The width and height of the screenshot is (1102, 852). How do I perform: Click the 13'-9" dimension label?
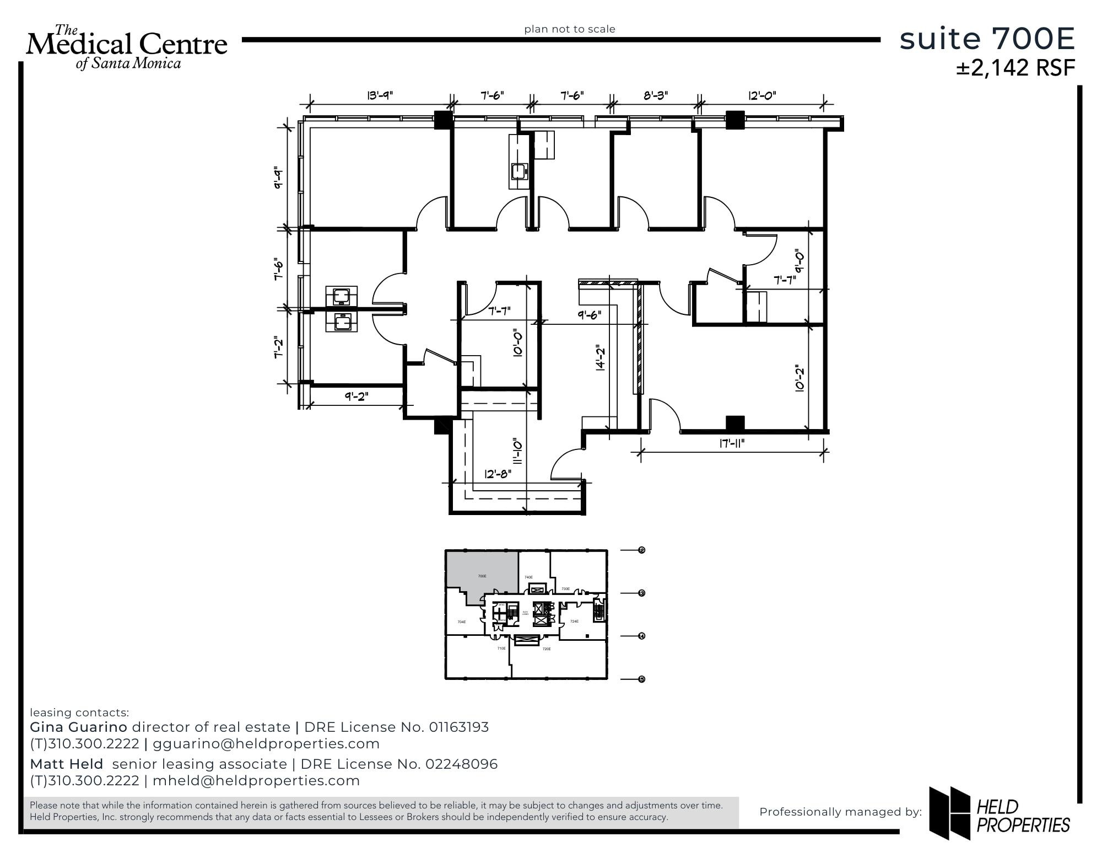(x=380, y=95)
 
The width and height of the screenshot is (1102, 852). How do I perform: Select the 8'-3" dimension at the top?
(x=655, y=95)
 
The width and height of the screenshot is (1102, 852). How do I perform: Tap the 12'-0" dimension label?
(x=761, y=95)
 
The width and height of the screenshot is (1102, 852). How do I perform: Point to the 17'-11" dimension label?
(x=732, y=443)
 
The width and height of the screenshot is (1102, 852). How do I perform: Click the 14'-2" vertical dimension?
(x=600, y=358)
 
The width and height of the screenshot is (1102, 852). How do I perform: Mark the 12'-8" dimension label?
(x=498, y=474)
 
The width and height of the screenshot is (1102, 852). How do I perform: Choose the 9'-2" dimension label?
(x=356, y=396)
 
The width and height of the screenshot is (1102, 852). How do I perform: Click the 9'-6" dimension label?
(x=589, y=315)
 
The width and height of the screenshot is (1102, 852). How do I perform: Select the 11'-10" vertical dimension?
(x=517, y=452)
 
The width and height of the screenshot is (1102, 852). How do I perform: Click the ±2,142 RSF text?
(x=1015, y=68)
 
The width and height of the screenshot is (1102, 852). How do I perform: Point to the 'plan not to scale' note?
(x=569, y=29)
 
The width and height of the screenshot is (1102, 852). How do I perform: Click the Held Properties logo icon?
(x=949, y=812)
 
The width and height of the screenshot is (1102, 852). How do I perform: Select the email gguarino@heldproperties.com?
(x=266, y=744)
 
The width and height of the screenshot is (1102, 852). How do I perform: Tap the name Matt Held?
(x=66, y=764)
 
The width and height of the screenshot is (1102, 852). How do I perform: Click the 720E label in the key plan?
(x=546, y=649)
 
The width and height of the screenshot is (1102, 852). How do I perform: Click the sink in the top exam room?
(x=519, y=172)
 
